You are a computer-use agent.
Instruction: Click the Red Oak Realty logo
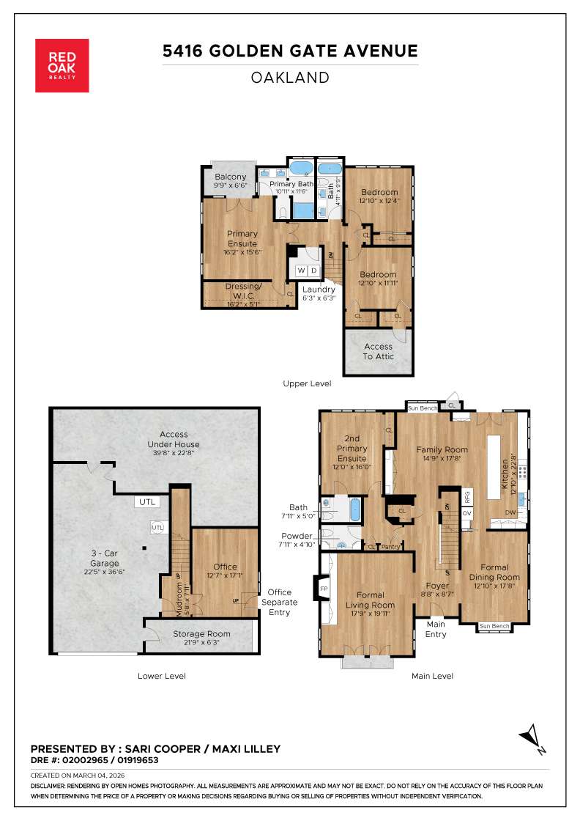pyautogui.click(x=62, y=65)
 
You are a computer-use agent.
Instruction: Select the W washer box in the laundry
pyautogui.click(x=300, y=271)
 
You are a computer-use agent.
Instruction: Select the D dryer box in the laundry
pyautogui.click(x=313, y=271)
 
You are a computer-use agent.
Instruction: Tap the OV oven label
pyautogui.click(x=467, y=513)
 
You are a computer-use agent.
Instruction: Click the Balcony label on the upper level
pyautogui.click(x=230, y=177)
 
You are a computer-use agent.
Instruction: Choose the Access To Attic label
pyautogui.click(x=379, y=351)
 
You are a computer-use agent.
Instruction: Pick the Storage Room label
pyautogui.click(x=201, y=633)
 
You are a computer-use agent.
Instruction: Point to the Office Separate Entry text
pyautogui.click(x=279, y=602)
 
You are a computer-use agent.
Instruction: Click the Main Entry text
pyautogui.click(x=436, y=629)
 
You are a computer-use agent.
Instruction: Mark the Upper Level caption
pyautogui.click(x=307, y=383)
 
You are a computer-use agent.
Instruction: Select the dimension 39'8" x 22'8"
pyautogui.click(x=173, y=453)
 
